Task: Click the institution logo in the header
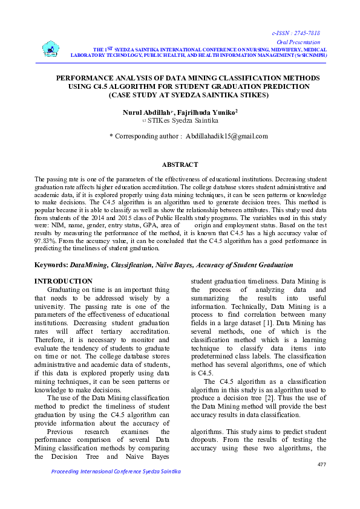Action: click(x=51, y=49)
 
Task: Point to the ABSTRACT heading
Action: click(x=180, y=164)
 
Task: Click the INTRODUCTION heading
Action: click(x=64, y=281)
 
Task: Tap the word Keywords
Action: click(x=51, y=265)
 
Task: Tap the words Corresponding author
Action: click(x=145, y=137)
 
